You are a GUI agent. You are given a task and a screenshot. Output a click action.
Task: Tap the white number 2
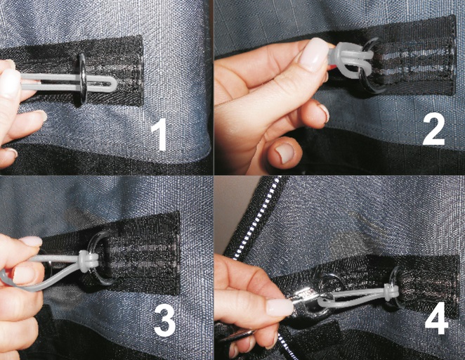click(434, 129)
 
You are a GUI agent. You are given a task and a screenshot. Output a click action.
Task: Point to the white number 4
click(436, 318)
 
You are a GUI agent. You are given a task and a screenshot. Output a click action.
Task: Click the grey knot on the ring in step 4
click(391, 292)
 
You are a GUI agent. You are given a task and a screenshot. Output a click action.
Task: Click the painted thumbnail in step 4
click(280, 307)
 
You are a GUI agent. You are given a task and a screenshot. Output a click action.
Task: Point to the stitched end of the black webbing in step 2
click(451, 55)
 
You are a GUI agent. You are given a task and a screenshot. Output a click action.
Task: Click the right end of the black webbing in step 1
click(139, 71)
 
